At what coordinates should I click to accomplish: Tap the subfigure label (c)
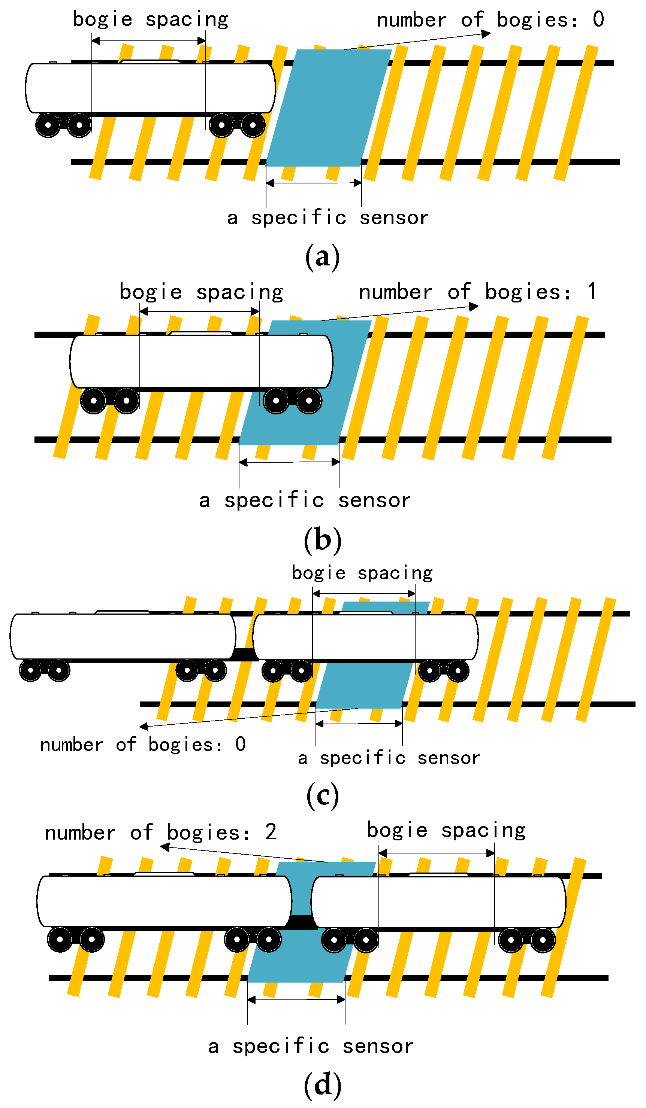coord(323,795)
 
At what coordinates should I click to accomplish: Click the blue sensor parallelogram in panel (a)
coord(328,108)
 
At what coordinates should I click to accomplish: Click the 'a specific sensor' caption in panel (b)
coord(305,500)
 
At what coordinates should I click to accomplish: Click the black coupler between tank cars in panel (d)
coord(301,921)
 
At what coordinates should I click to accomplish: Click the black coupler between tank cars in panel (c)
coord(244,655)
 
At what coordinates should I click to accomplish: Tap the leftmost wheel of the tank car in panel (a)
coord(48,125)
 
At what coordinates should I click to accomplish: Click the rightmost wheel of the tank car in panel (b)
coord(308,401)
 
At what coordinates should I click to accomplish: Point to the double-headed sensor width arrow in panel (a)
coord(313,183)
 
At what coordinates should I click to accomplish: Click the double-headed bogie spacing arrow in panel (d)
coord(436,853)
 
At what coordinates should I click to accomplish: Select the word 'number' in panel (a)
coord(411,20)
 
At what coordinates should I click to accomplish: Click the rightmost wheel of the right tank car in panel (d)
coord(542,940)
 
